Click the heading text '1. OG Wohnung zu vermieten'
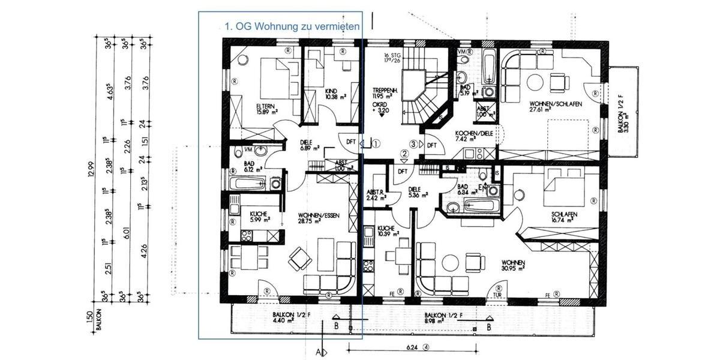292,26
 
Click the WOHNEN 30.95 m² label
515,266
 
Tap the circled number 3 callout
413,143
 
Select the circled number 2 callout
404,154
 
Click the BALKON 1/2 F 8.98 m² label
443,318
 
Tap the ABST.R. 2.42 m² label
374,194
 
